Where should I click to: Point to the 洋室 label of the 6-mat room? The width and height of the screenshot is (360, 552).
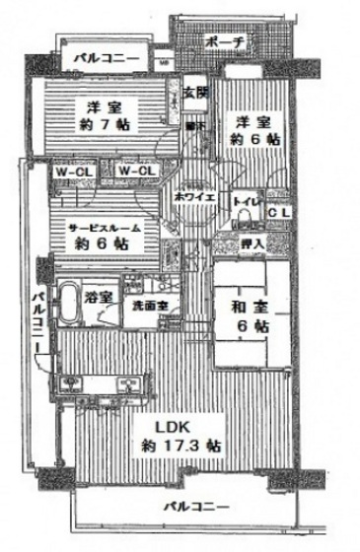(x=250, y=121)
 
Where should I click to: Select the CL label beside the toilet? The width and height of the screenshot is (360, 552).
(x=279, y=211)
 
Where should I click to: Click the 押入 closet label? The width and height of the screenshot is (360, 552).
(x=251, y=242)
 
